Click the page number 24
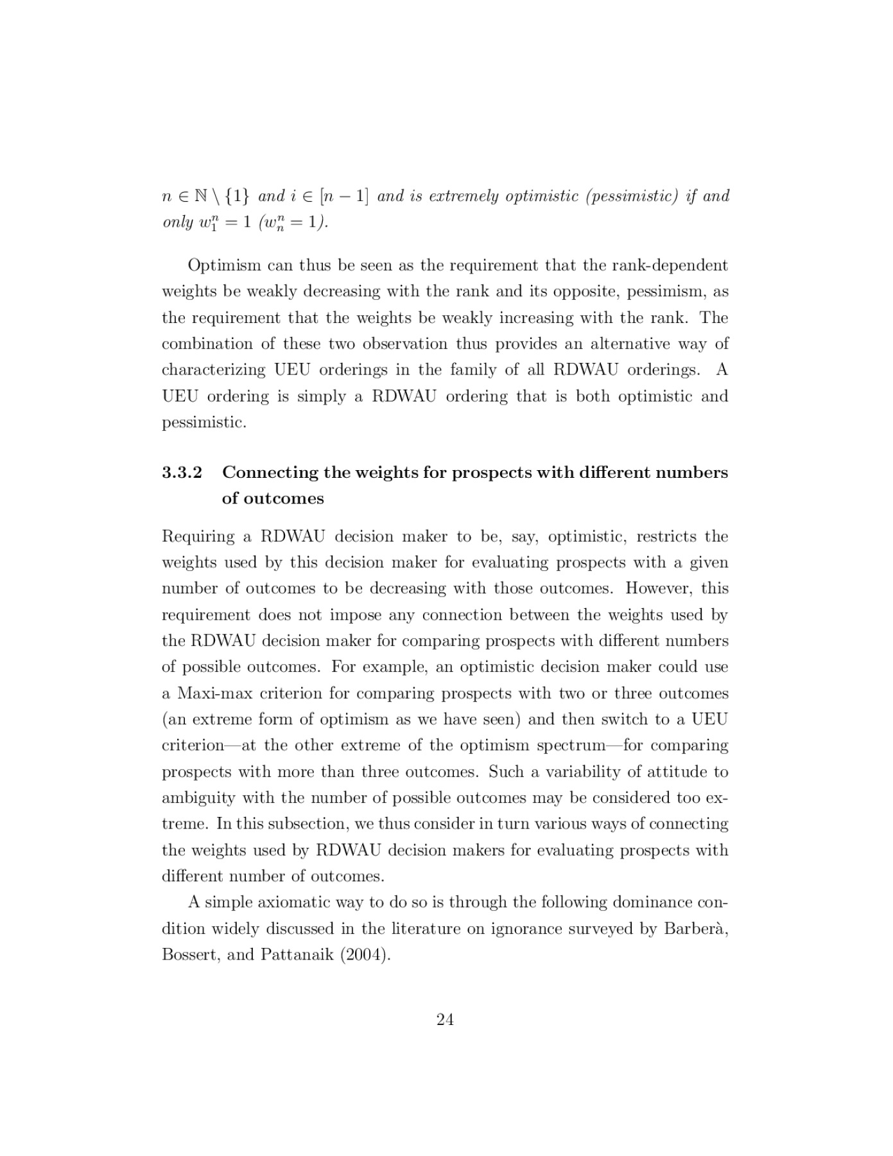[445, 1019]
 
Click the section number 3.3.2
[182, 473]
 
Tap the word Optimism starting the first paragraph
[224, 265]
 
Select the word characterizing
[213, 370]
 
